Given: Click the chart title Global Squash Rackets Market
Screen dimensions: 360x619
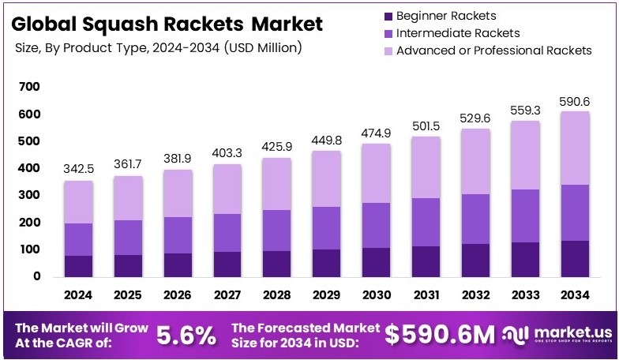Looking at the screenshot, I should pos(168,24).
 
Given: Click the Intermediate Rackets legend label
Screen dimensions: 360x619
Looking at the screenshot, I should pos(458,33).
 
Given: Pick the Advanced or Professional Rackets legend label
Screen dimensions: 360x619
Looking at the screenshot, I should pos(493,51).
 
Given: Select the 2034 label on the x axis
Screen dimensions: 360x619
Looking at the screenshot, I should pos(576,294).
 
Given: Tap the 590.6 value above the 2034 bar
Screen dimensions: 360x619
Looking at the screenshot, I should pos(576,101).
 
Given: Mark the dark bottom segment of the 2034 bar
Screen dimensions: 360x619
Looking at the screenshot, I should pos(576,258).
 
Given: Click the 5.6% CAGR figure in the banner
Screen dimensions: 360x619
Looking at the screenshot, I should pos(186,335).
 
